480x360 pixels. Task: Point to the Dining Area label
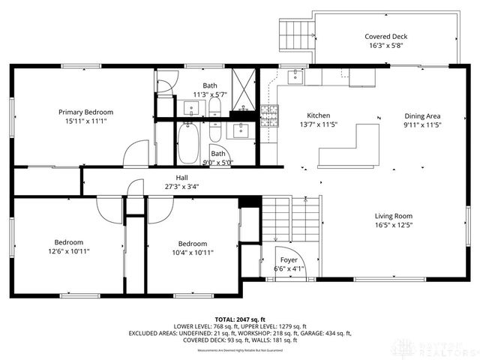click(422, 116)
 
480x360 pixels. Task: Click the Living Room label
click(394, 217)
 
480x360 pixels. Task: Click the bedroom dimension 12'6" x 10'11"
click(68, 251)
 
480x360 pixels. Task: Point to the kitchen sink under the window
click(295, 76)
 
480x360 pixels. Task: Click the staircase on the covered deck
click(293, 31)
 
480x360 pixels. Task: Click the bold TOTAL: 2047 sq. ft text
click(240, 319)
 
